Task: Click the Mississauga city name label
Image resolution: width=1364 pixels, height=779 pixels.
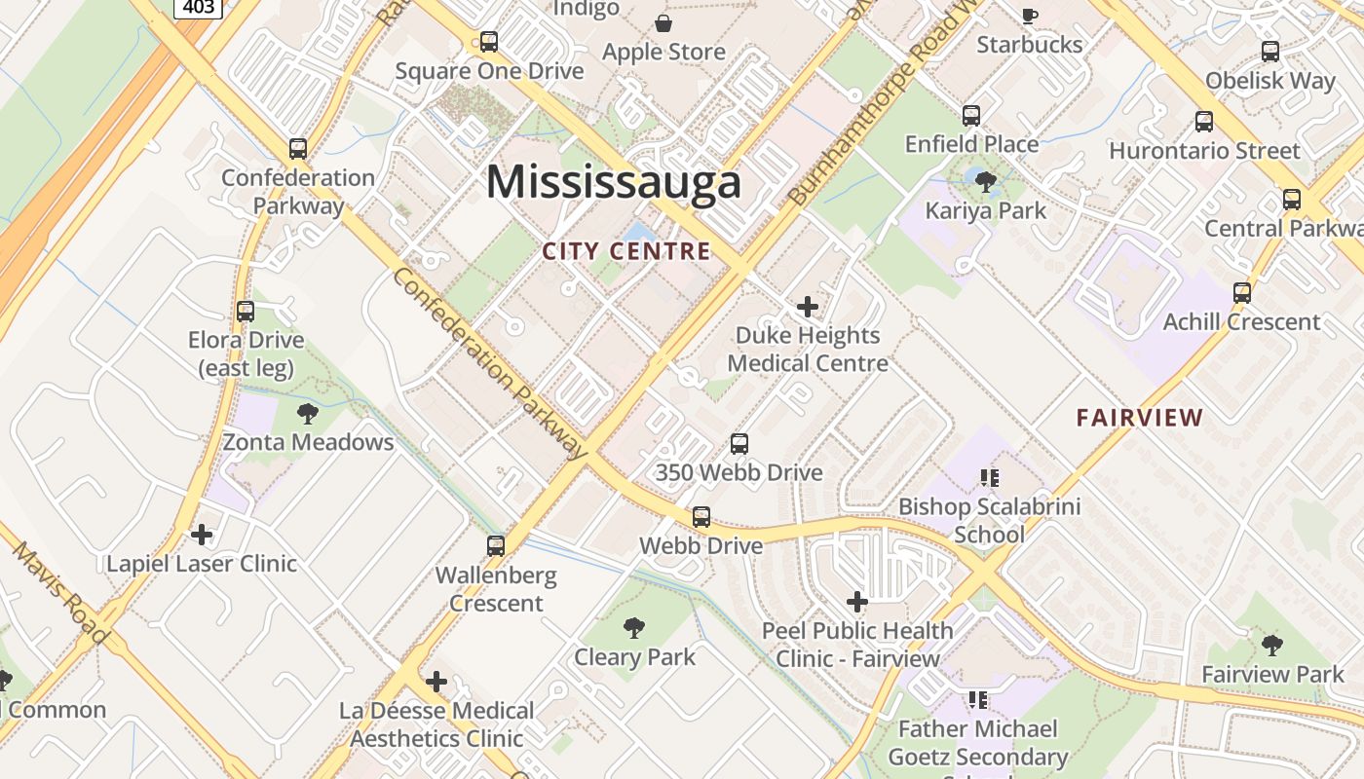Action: coord(614,182)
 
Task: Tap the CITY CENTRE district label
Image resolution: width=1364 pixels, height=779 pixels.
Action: coord(626,251)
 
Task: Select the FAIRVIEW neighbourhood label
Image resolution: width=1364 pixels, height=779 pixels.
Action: coord(1140,418)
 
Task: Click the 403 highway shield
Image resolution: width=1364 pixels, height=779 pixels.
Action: coord(200,7)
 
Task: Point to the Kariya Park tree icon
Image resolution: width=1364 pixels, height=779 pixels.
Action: coord(985,181)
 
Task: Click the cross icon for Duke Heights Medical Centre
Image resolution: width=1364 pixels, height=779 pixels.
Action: coord(808,307)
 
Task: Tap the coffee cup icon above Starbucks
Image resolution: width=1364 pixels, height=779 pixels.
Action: coord(1030,16)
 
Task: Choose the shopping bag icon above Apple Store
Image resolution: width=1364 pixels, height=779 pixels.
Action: coord(663,23)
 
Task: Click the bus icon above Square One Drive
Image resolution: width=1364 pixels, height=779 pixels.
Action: coord(489,42)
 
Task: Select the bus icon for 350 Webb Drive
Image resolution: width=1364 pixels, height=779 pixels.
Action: coord(739,444)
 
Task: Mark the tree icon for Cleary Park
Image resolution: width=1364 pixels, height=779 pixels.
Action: coord(634,628)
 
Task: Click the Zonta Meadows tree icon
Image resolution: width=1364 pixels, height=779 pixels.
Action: coord(308,413)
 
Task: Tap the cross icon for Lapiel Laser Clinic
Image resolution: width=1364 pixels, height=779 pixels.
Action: coord(202,535)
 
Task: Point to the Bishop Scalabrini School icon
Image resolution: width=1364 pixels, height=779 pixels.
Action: coord(990,477)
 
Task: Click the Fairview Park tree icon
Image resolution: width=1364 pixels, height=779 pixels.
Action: coord(1271,645)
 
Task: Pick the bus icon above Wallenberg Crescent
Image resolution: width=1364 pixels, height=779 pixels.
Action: coord(496,546)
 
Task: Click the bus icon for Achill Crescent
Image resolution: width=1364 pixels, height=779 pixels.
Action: coord(1242,293)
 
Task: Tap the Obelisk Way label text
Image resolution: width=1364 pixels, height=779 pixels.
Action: coord(1269,80)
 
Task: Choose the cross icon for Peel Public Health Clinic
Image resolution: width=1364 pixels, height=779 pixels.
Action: coord(857,602)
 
